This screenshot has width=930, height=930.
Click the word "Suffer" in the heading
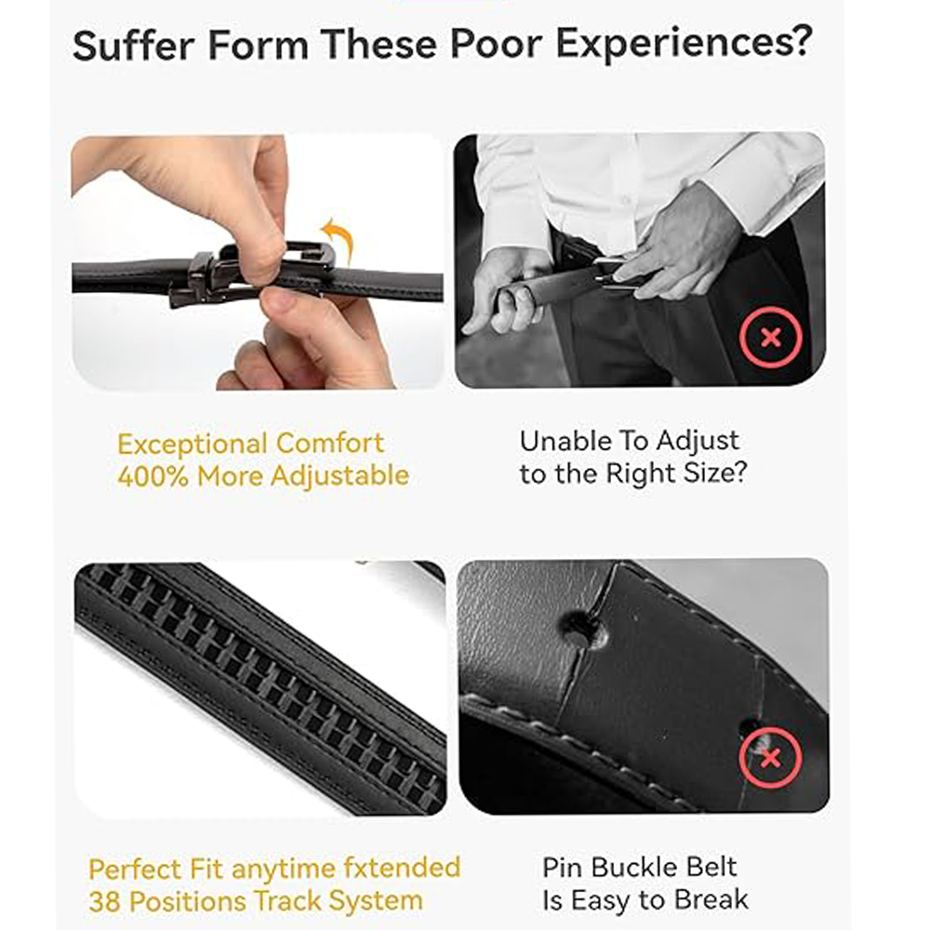(133, 45)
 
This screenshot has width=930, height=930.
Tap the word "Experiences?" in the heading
(684, 45)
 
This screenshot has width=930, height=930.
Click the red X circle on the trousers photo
(770, 339)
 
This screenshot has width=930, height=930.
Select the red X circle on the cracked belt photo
(770, 758)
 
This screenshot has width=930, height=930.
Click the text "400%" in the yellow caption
(153, 475)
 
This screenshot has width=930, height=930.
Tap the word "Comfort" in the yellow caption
(330, 444)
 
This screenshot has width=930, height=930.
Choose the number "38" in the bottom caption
(105, 902)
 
